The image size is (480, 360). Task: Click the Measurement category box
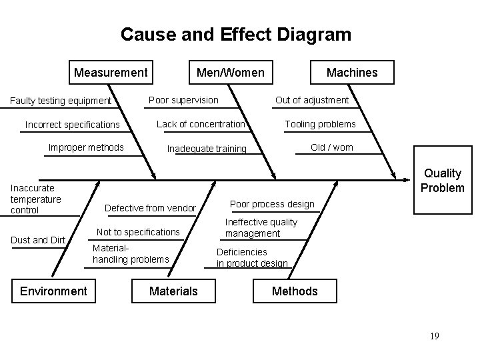tap(111, 72)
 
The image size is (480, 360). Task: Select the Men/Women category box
tap(230, 72)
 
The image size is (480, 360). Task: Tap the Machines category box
tap(352, 73)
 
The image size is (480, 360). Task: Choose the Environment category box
tap(53, 291)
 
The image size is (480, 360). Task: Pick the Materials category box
tap(173, 291)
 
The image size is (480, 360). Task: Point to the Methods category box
tap(295, 291)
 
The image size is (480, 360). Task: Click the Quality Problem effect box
tap(443, 181)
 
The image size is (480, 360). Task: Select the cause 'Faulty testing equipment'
tap(61, 101)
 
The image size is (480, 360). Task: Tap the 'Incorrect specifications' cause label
tap(72, 125)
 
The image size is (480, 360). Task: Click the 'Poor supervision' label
tap(183, 100)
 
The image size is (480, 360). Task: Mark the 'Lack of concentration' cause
tap(201, 124)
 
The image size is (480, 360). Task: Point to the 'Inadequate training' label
tap(207, 149)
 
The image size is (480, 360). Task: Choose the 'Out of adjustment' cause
tap(312, 100)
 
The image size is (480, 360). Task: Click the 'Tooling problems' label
tap(320, 124)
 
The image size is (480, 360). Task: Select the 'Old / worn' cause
tap(332, 147)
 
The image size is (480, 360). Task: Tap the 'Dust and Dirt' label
tap(39, 240)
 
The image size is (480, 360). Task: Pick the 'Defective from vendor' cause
tap(150, 209)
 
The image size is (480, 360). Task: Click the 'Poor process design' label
tap(272, 204)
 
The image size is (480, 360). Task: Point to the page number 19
tap(435, 336)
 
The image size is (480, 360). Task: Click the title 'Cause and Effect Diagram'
tap(235, 34)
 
